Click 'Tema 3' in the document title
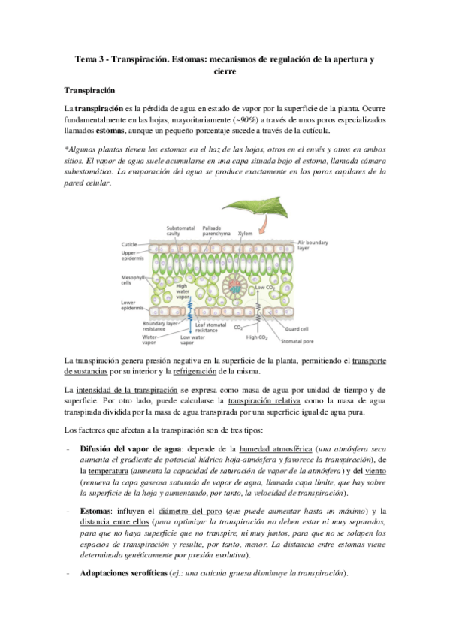pos(93,59)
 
